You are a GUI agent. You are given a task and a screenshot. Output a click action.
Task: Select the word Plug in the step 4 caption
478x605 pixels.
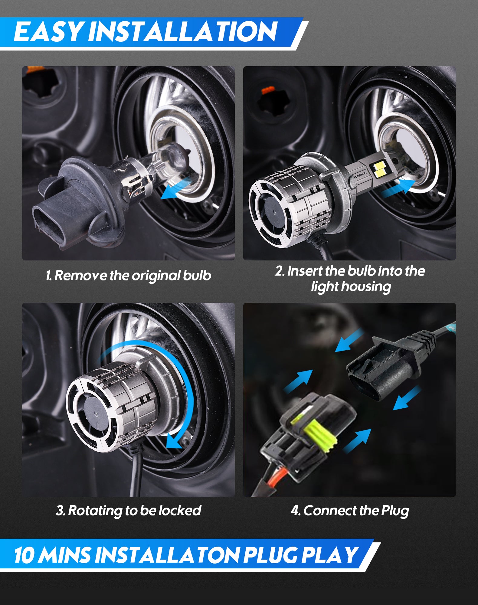click(395, 511)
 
